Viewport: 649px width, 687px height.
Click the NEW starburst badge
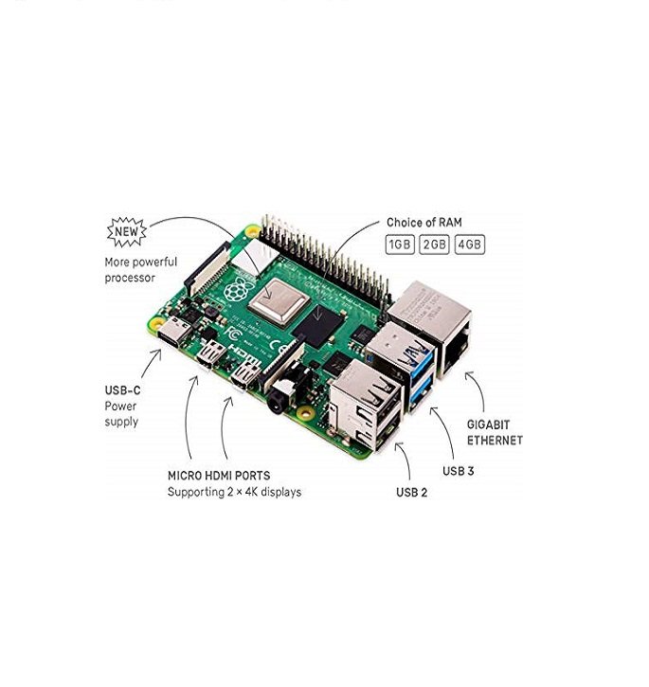[x=127, y=231]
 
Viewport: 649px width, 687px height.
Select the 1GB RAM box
[x=400, y=244]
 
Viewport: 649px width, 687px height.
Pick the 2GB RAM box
[x=434, y=244]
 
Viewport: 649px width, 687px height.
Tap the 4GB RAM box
[x=470, y=244]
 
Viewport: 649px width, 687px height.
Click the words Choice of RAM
[x=424, y=223]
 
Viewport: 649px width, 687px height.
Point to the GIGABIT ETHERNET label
[x=495, y=432]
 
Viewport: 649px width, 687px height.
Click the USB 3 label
[x=458, y=471]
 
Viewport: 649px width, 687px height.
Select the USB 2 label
[x=411, y=493]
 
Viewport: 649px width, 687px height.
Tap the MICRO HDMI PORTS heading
[x=219, y=476]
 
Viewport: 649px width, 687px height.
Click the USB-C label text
[x=123, y=390]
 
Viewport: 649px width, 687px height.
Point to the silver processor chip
[x=279, y=299]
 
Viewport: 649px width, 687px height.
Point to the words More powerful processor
[x=140, y=270]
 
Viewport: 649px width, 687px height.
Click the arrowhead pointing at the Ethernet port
[x=469, y=375]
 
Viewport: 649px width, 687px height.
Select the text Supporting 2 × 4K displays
[x=234, y=492]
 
